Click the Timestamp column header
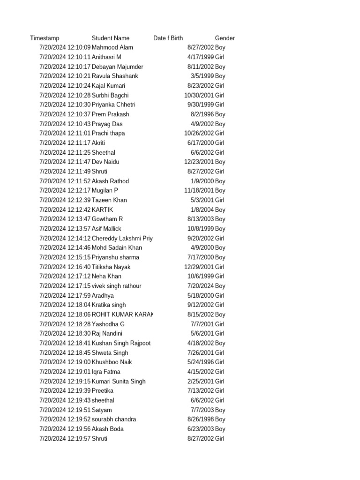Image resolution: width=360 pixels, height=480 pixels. pos(45,38)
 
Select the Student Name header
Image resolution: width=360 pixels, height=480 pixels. pos(111,38)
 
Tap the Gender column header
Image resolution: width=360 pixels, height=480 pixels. pos(225,38)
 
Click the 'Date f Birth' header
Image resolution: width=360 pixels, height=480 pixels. pos(168,38)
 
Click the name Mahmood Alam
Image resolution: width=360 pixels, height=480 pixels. pos(112,47)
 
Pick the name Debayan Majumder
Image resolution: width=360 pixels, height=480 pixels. pos(118,67)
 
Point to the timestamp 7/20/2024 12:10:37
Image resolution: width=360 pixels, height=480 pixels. pos(65,114)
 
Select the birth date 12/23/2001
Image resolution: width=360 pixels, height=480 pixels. pos(199,162)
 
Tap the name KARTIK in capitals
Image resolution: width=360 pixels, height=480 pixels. pos(103,210)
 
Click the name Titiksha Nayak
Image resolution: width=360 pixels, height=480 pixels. pos(111,267)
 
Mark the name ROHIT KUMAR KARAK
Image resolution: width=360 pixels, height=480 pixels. pos(122,315)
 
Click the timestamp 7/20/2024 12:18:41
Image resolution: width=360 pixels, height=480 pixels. pos(65,343)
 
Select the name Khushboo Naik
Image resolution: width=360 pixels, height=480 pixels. pos(112,362)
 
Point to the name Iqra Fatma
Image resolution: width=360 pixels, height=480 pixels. pos(106,372)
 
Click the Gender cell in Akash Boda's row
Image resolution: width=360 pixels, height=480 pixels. pos(220,429)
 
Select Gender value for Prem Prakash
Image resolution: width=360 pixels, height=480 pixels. pos(220,114)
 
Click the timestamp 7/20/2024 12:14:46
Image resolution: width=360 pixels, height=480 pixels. pos(65,247)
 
